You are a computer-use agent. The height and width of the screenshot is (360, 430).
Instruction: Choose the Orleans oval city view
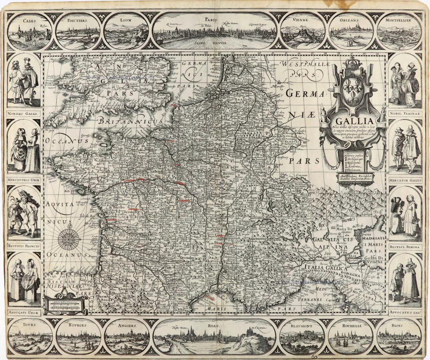pyautogui.click(x=351, y=31)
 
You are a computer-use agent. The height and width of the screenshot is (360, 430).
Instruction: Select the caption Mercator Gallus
pyautogui.click(x=405, y=181)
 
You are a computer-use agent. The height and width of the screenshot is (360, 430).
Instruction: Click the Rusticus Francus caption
pyautogui.click(x=24, y=246)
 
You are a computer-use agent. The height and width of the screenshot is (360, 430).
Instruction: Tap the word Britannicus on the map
pyautogui.click(x=131, y=122)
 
